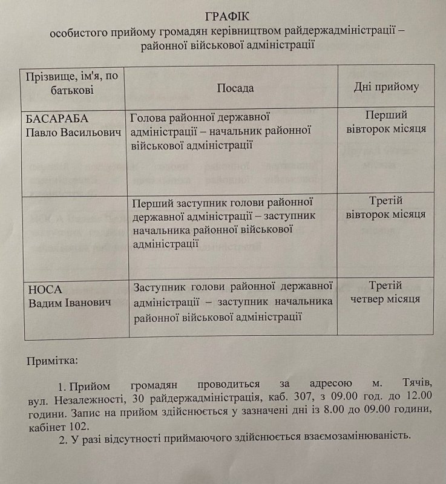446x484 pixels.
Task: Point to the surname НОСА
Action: [43, 289]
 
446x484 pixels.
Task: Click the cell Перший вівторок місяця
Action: [387, 122]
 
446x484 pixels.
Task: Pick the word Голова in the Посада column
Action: [148, 117]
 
